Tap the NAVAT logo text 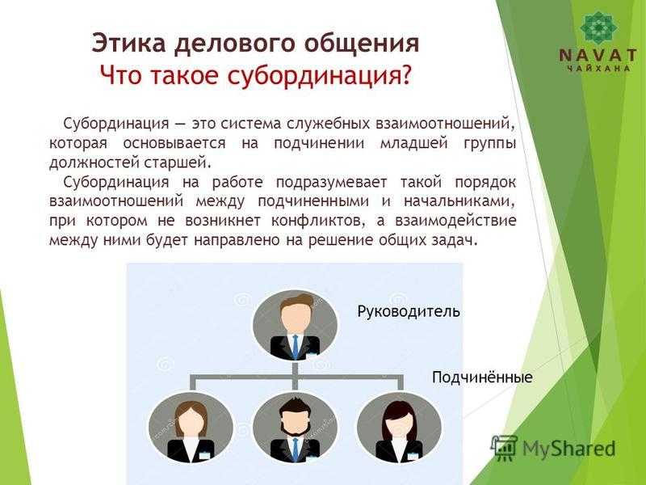click(x=598, y=55)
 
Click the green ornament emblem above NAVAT click(x=598, y=27)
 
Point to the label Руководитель click(x=409, y=311)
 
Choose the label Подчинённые click(x=482, y=377)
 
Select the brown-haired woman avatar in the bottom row click(x=191, y=428)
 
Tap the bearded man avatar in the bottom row click(x=295, y=428)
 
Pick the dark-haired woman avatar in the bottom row click(x=399, y=428)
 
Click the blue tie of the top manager click(x=296, y=348)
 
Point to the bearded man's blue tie click(x=296, y=449)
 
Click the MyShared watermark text click(x=569, y=449)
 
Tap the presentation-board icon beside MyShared click(x=504, y=448)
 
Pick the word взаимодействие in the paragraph click(x=455, y=221)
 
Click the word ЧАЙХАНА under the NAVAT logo click(x=598, y=69)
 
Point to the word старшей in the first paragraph click(x=178, y=162)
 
